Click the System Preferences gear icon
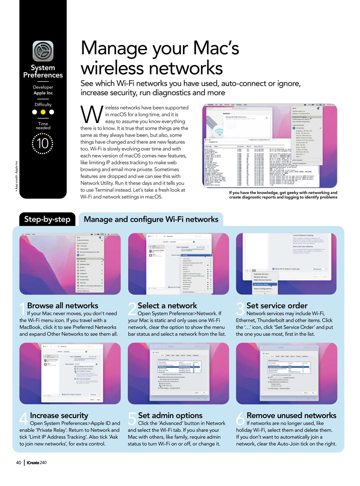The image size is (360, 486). click(43, 51)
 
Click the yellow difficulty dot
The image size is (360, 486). click(43, 112)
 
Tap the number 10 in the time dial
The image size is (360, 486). click(43, 144)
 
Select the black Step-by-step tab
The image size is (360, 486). click(47, 219)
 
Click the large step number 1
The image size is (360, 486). click(22, 309)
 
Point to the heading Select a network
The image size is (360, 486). click(167, 306)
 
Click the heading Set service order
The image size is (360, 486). click(277, 306)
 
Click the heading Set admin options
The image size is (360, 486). click(170, 415)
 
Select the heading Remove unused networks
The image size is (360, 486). click(291, 415)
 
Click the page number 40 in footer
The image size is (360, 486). click(19, 462)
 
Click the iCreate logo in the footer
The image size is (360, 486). click(36, 462)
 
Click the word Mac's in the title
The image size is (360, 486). click(216, 48)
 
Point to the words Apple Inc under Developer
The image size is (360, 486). click(43, 93)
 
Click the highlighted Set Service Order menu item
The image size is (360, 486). click(262, 284)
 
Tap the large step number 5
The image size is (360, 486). click(131, 419)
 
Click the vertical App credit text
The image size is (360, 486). click(16, 177)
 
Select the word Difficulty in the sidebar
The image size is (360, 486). click(43, 104)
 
